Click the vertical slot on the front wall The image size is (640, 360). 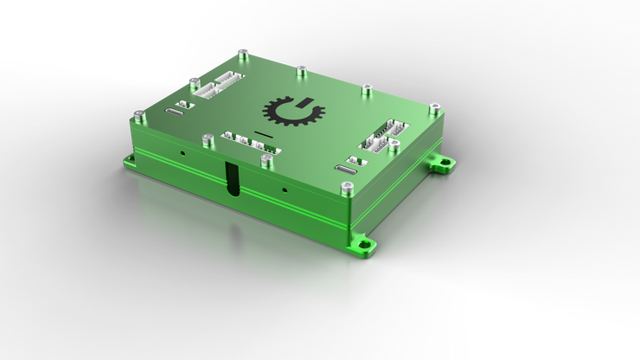(x=232, y=179)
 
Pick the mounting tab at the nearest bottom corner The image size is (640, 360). (x=364, y=245)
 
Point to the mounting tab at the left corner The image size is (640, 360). (x=130, y=158)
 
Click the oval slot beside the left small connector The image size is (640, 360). (x=175, y=113)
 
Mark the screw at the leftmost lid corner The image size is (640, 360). (x=138, y=113)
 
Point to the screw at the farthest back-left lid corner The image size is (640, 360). (x=244, y=54)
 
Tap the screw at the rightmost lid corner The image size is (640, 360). (x=435, y=107)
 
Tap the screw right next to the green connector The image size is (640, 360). (x=266, y=159)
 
